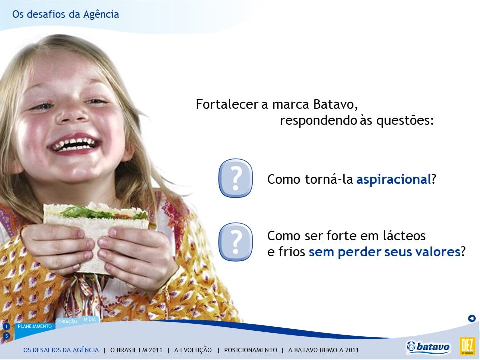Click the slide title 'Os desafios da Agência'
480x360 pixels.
[x=66, y=14]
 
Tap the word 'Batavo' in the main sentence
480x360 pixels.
[x=335, y=104]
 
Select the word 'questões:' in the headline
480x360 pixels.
[x=405, y=120]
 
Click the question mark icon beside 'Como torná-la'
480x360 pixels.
[x=235, y=178]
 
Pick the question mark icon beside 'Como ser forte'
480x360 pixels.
[x=235, y=242]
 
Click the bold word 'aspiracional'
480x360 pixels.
[x=394, y=179]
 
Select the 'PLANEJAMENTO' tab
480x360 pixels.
[x=35, y=326]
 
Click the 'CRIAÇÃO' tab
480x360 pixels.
[x=68, y=321]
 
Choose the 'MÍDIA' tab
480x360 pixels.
[x=90, y=319]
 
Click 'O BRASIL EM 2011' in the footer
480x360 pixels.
[x=136, y=350]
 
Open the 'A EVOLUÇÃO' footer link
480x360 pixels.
[x=193, y=350]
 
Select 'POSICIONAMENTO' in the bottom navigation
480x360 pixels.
[x=250, y=350]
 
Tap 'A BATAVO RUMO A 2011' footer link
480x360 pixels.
[x=323, y=350]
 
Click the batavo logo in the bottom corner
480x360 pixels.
[x=428, y=347]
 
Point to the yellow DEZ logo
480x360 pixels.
[x=467, y=346]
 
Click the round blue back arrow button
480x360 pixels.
[x=472, y=318]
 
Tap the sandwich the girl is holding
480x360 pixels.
[x=95, y=232]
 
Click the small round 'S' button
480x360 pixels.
[x=6, y=336]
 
